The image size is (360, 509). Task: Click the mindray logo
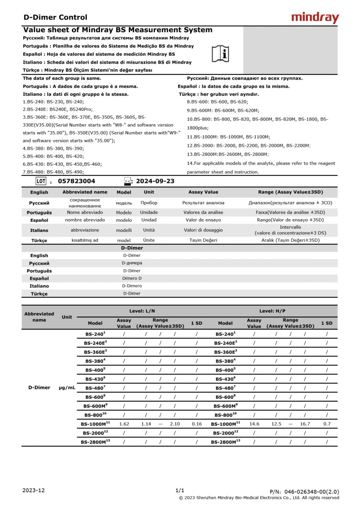[x=315, y=18]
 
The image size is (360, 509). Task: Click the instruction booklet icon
[x=220, y=54]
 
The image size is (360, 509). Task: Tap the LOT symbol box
[x=41, y=181]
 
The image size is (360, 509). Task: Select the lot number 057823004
[x=76, y=181]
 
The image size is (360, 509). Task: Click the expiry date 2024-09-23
[x=155, y=181]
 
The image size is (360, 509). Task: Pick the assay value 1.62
[x=124, y=424]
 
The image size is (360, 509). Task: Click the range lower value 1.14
[x=146, y=424]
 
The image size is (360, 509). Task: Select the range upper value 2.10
[x=175, y=424]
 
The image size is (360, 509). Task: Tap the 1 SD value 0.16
[x=197, y=424]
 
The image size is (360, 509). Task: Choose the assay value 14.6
[x=254, y=424]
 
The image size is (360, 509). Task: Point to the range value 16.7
[x=305, y=424]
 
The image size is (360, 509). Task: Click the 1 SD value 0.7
[x=327, y=424]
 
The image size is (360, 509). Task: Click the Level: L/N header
[x=142, y=311]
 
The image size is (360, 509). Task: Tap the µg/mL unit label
[x=67, y=388]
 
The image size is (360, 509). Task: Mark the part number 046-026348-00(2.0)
[x=304, y=492]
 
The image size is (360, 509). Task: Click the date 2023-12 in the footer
[x=34, y=490]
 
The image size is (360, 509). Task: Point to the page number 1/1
[x=180, y=490]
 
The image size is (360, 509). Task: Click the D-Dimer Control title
[x=55, y=17]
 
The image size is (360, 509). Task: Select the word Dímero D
[x=132, y=278]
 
